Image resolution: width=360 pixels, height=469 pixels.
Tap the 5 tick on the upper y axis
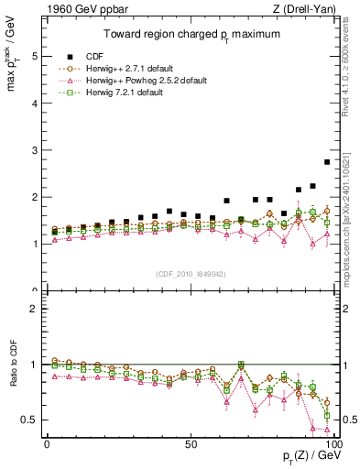coord(34,56)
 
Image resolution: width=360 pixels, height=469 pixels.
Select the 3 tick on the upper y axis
coord(34,150)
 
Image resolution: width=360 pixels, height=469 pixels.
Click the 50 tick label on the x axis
coord(190,443)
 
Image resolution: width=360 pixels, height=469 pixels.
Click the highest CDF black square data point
coord(327,162)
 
